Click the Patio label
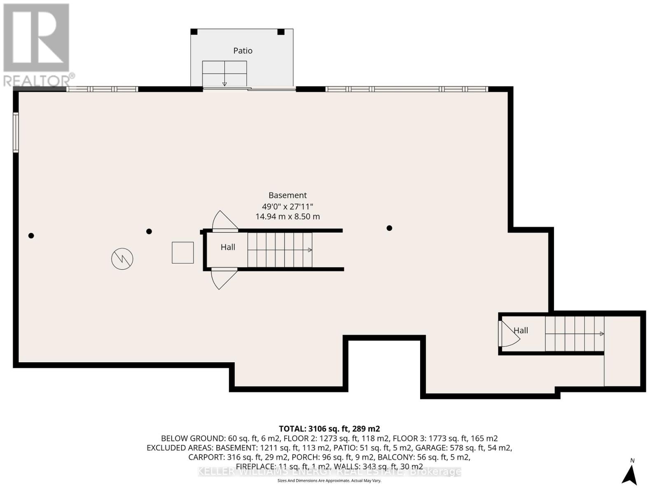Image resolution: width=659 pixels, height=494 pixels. click(243, 51)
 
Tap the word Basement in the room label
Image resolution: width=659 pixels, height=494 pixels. click(287, 195)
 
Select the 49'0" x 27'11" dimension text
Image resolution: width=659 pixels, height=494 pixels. click(287, 206)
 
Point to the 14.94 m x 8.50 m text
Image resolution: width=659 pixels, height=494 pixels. click(287, 217)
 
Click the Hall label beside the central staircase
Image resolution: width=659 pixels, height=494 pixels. click(228, 247)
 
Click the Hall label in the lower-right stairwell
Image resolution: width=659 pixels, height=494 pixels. click(521, 330)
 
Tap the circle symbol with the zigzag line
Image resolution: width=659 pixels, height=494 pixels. click(122, 259)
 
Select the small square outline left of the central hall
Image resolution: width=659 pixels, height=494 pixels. click(183, 253)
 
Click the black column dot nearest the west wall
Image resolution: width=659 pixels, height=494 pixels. click(31, 236)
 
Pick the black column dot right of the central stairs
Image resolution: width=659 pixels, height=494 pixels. click(389, 228)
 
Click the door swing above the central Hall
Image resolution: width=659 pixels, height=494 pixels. click(224, 221)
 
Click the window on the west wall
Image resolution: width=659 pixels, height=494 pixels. click(16, 133)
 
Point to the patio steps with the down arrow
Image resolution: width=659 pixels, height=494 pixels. click(224, 74)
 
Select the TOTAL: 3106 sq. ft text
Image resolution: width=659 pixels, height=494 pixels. click(329, 429)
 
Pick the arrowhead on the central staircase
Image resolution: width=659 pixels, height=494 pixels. click(310, 250)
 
